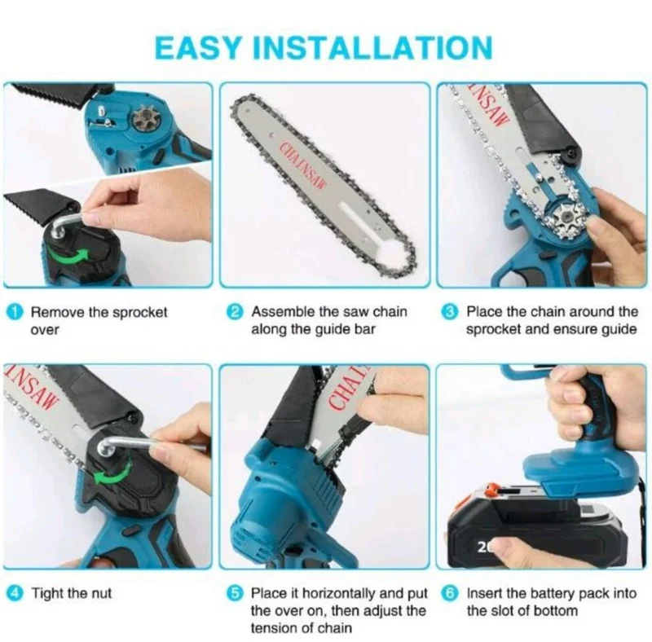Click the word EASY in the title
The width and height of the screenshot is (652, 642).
click(x=198, y=47)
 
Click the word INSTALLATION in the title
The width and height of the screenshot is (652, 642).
click(x=372, y=47)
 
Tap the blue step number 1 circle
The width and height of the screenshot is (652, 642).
click(x=15, y=312)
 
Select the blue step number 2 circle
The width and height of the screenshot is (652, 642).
click(x=236, y=312)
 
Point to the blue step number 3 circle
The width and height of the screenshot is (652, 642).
click(x=450, y=312)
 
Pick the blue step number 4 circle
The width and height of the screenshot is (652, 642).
click(x=15, y=593)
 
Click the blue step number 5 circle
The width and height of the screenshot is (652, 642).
click(x=236, y=593)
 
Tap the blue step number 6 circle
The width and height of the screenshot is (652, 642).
click(x=451, y=593)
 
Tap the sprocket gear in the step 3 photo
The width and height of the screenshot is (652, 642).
click(x=566, y=219)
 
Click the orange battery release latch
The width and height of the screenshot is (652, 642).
click(x=494, y=490)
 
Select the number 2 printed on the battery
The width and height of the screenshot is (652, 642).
click(x=482, y=547)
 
